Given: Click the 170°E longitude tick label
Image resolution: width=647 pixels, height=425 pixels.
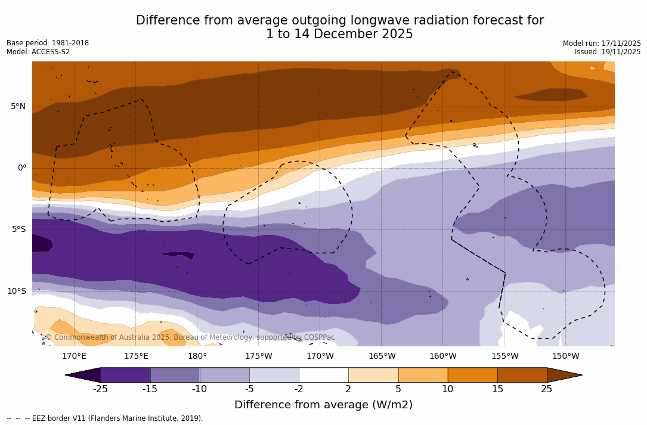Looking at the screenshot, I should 74,356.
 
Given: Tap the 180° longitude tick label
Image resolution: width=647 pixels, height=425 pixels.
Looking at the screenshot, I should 197,356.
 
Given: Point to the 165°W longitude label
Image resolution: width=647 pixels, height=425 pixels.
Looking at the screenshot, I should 382,356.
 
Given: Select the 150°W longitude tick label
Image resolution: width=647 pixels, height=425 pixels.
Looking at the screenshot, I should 565,356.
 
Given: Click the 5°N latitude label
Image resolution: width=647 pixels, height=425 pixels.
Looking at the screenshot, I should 18,107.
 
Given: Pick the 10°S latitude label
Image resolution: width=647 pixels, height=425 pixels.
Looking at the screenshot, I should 16,291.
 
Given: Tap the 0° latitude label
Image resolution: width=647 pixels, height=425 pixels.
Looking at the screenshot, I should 22,168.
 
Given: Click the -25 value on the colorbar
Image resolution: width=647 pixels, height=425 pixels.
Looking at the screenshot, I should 100,389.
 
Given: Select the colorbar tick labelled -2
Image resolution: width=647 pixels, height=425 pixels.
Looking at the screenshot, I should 299,389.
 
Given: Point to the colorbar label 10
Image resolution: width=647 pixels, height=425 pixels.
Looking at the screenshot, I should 447,389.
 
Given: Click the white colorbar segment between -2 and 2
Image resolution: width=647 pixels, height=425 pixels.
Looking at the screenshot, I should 323,375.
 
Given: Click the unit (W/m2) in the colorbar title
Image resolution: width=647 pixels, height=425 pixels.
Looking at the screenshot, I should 390,405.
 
